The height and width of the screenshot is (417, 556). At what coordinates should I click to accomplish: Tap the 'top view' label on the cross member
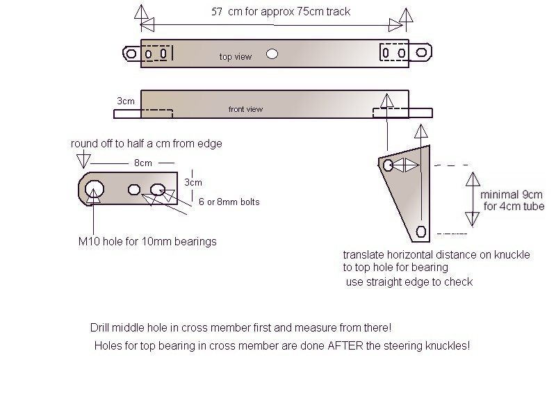pyautogui.click(x=235, y=57)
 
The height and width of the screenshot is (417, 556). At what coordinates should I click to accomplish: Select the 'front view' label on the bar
pyautogui.click(x=245, y=109)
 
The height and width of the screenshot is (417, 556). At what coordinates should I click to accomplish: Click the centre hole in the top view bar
pyautogui.click(x=272, y=54)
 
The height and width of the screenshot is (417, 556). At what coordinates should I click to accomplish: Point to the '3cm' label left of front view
pyautogui.click(x=126, y=101)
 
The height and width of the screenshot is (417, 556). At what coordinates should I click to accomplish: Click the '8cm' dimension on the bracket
pyautogui.click(x=143, y=163)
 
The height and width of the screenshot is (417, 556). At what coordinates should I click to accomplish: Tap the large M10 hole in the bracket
pyautogui.click(x=95, y=188)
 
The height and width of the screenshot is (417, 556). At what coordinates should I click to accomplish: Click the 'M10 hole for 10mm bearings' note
pyautogui.click(x=147, y=242)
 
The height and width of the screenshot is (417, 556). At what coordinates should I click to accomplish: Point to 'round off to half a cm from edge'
pyautogui.click(x=146, y=143)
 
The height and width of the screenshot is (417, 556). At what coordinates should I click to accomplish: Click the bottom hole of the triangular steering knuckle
pyautogui.click(x=420, y=231)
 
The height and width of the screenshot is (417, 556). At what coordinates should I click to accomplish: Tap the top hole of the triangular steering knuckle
pyautogui.click(x=389, y=165)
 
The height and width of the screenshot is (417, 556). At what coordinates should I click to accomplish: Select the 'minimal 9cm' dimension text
pyautogui.click(x=510, y=195)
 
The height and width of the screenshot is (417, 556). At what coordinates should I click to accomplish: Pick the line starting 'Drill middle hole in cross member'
pyautogui.click(x=245, y=327)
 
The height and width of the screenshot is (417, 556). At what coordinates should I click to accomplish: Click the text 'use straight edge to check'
pyautogui.click(x=409, y=281)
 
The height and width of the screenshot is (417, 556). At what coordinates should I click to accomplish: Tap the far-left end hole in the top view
pyautogui.click(x=131, y=53)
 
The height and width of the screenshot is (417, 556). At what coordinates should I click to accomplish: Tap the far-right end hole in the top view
pyautogui.click(x=422, y=53)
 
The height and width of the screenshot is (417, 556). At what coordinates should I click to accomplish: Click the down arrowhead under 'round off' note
pyautogui.click(x=83, y=161)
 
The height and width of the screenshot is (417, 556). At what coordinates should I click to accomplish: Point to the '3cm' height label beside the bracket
pyautogui.click(x=194, y=182)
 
